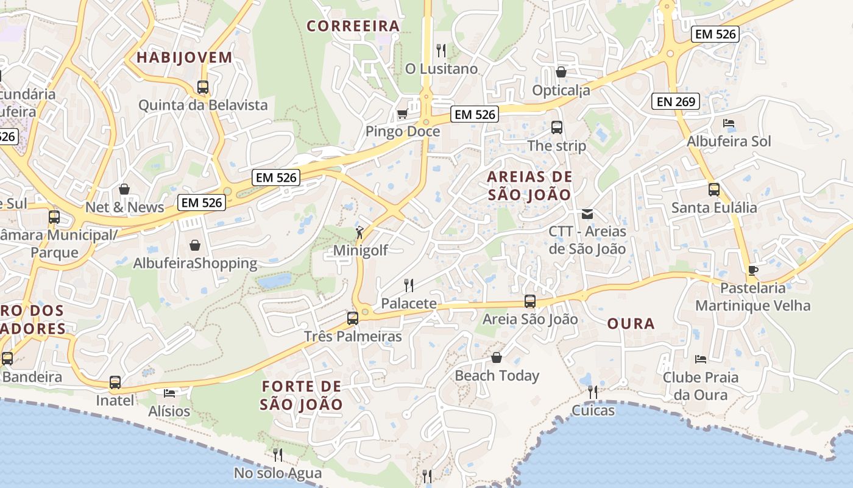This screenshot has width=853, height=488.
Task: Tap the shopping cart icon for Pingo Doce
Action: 402,113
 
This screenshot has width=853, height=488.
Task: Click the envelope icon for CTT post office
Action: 587,213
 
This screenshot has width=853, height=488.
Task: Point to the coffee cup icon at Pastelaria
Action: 753,270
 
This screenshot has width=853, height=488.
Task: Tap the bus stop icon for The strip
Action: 556,127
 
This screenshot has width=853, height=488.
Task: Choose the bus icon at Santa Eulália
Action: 713,190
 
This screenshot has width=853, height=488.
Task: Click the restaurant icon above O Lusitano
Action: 441,50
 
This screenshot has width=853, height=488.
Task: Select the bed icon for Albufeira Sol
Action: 728,123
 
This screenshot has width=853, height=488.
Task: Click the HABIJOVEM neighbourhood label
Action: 184,58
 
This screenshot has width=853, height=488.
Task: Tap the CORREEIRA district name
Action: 353,26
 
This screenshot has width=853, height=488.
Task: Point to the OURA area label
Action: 631,324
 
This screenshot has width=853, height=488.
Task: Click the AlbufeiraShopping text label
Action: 195,264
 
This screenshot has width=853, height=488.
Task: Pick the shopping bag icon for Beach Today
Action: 497,357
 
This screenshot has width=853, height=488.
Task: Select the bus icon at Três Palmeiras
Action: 352,318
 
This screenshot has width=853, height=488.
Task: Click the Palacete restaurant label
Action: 408,303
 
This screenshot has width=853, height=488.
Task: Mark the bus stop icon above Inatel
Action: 115,382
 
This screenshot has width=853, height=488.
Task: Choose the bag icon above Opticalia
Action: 561,72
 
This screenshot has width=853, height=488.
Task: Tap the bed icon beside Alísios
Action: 169,393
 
